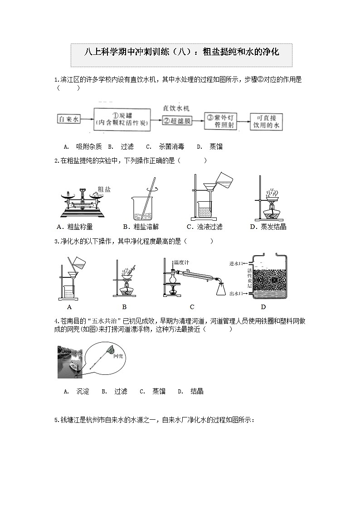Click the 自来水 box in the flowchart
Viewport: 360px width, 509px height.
tap(69, 119)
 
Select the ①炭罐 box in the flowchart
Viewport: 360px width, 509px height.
tap(122, 119)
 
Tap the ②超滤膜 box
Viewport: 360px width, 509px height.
tap(177, 121)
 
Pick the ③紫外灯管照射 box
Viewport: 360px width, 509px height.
tap(222, 121)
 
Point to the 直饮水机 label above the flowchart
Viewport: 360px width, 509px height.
tap(176, 109)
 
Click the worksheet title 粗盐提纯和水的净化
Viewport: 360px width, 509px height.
tap(181, 52)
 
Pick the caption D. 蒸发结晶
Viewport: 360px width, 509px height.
tap(268, 227)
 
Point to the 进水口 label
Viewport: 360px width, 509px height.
tap(238, 263)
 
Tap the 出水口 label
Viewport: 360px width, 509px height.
tap(238, 294)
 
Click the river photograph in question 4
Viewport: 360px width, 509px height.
tap(70, 362)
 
